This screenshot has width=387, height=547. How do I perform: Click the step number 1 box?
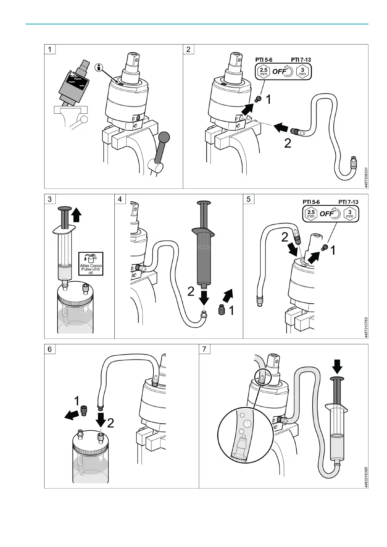pos(50,49)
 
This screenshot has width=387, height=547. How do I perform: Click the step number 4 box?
pos(120,199)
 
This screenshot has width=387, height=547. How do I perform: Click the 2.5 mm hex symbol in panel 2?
pos(264,71)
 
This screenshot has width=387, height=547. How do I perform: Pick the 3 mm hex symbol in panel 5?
pos(350,214)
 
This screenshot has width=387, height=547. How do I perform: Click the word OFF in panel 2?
pos(279,71)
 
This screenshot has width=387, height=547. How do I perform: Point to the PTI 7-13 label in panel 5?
pos(348,202)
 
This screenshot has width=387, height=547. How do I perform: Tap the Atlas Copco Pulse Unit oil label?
pos(91,264)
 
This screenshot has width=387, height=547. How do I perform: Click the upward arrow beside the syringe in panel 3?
pos(77,215)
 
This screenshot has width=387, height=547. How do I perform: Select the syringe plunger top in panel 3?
pos(65,209)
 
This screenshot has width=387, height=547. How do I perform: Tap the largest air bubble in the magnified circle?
pos(248,423)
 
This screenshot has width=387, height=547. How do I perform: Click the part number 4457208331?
pos(366,178)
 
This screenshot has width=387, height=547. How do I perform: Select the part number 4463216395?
pos(366,477)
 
